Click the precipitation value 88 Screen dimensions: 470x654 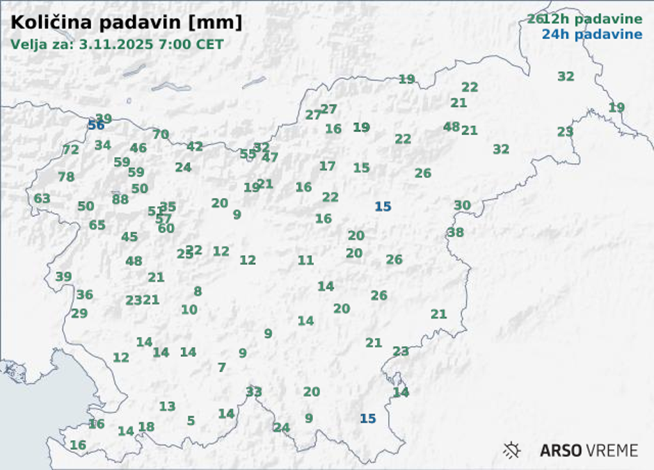[120, 200]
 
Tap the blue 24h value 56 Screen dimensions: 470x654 [96, 125]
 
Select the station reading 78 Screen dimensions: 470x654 [66, 177]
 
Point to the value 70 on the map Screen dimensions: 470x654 [161, 135]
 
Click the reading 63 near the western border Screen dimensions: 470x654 [42, 199]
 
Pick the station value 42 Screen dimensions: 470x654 [195, 147]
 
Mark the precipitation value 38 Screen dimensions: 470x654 [456, 233]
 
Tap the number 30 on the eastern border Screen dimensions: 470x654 [463, 206]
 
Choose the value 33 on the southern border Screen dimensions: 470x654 [254, 392]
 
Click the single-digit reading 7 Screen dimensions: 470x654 [222, 368]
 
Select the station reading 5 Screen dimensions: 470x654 [191, 421]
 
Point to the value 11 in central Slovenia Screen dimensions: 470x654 [306, 261]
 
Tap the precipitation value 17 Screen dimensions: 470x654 [327, 166]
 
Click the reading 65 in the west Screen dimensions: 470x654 [97, 225]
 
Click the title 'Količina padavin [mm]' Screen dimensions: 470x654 [127, 22]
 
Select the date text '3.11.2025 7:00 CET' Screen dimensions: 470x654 [152, 44]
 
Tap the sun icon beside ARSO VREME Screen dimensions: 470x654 [512, 451]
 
